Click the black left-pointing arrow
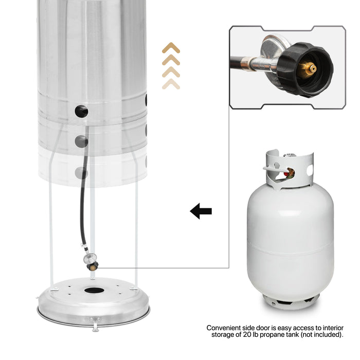tap(201, 211)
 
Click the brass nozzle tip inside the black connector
tap(308, 68)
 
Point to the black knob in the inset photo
tap(305, 69)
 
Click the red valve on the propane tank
tap(286, 173)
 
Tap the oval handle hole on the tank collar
tap(310, 170)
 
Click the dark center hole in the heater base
tap(94, 290)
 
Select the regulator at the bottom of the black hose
tap(91, 261)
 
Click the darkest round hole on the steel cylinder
tap(81, 111)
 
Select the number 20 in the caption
tap(246, 334)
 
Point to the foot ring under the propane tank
tap(291, 300)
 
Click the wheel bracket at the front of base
tap(95, 323)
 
